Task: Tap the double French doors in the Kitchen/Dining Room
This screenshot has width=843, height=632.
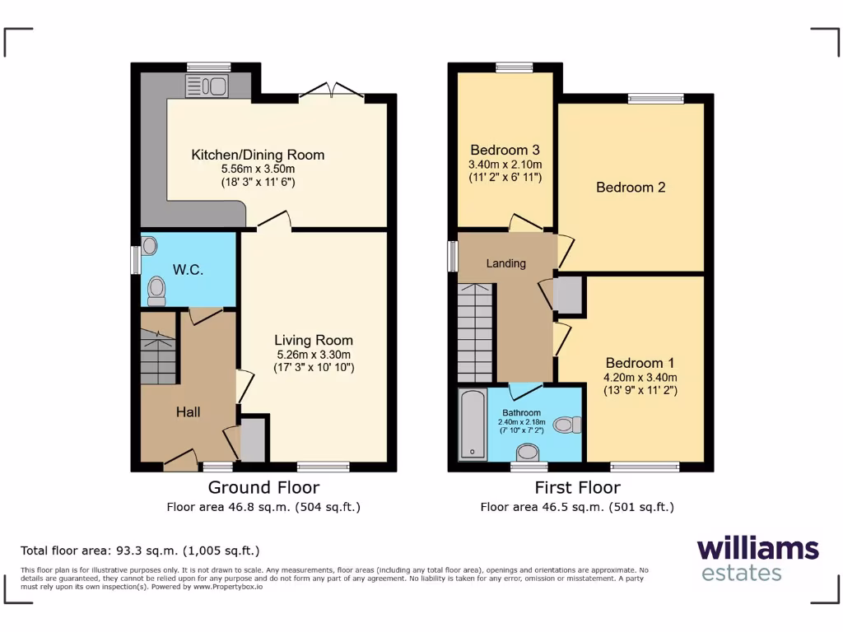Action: [x=331, y=91]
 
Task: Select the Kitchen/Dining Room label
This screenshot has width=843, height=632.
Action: [x=258, y=155]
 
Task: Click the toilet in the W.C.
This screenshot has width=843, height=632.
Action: [x=156, y=290]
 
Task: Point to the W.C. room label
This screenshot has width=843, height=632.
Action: [x=188, y=270]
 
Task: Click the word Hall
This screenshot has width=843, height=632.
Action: [x=188, y=411]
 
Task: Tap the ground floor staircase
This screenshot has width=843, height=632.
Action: [x=159, y=355]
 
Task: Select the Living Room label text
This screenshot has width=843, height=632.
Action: [x=313, y=340]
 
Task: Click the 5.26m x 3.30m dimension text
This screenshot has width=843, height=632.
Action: [x=313, y=355]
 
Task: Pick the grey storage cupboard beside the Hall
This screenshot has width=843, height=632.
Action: [x=253, y=439]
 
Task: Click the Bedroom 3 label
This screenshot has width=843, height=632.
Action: [x=505, y=150]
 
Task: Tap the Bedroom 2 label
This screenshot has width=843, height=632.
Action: [x=631, y=188]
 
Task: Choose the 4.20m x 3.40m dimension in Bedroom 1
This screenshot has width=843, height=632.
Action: [x=640, y=378]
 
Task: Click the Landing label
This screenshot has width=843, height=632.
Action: [x=505, y=263]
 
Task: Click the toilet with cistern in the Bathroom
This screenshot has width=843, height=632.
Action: [x=567, y=425]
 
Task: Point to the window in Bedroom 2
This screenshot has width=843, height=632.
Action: [x=655, y=99]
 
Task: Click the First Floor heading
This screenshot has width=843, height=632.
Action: [x=577, y=487]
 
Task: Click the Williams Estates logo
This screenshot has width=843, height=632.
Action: [x=757, y=559]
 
